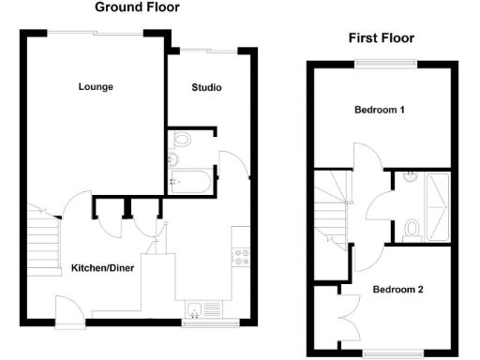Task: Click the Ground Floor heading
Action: coord(137,7)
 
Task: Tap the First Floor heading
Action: coord(381,38)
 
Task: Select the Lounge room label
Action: coord(96,87)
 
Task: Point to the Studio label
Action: coord(206,88)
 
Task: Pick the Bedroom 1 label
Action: coord(380,110)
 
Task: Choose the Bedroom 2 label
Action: coord(397,290)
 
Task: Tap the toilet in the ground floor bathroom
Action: coord(181,141)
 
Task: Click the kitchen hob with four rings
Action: coord(240,255)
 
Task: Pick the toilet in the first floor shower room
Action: coord(411,228)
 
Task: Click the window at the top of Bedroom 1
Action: coord(385,63)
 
